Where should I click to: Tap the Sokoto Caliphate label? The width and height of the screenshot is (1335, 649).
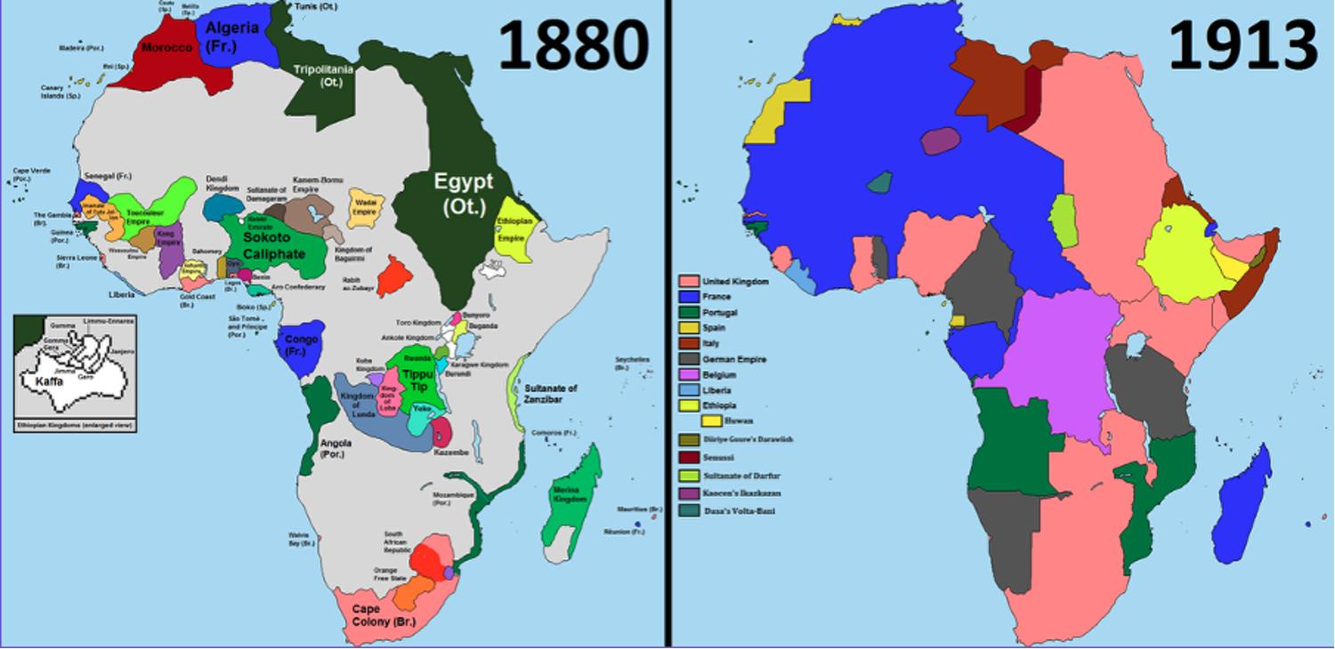(x=273, y=247)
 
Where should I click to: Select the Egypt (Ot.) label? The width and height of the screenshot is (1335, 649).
(x=463, y=194)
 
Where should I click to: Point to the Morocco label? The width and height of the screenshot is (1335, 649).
(x=166, y=46)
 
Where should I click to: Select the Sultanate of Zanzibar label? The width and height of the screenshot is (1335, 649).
(x=550, y=394)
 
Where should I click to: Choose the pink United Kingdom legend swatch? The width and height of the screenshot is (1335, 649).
(x=686, y=281)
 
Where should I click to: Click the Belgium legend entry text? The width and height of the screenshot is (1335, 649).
(x=720, y=374)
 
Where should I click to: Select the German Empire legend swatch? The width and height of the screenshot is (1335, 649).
(x=686, y=359)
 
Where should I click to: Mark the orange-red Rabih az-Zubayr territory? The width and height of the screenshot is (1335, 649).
(x=392, y=276)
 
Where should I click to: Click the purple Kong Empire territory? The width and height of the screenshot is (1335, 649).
(x=169, y=247)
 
